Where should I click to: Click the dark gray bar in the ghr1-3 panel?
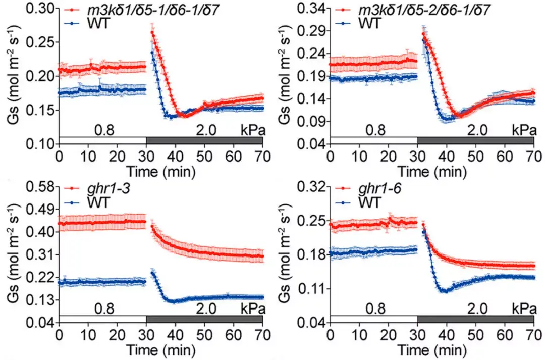pyautogui.click(x=204, y=319)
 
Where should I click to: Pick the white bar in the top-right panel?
pyautogui.click(x=374, y=140)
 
